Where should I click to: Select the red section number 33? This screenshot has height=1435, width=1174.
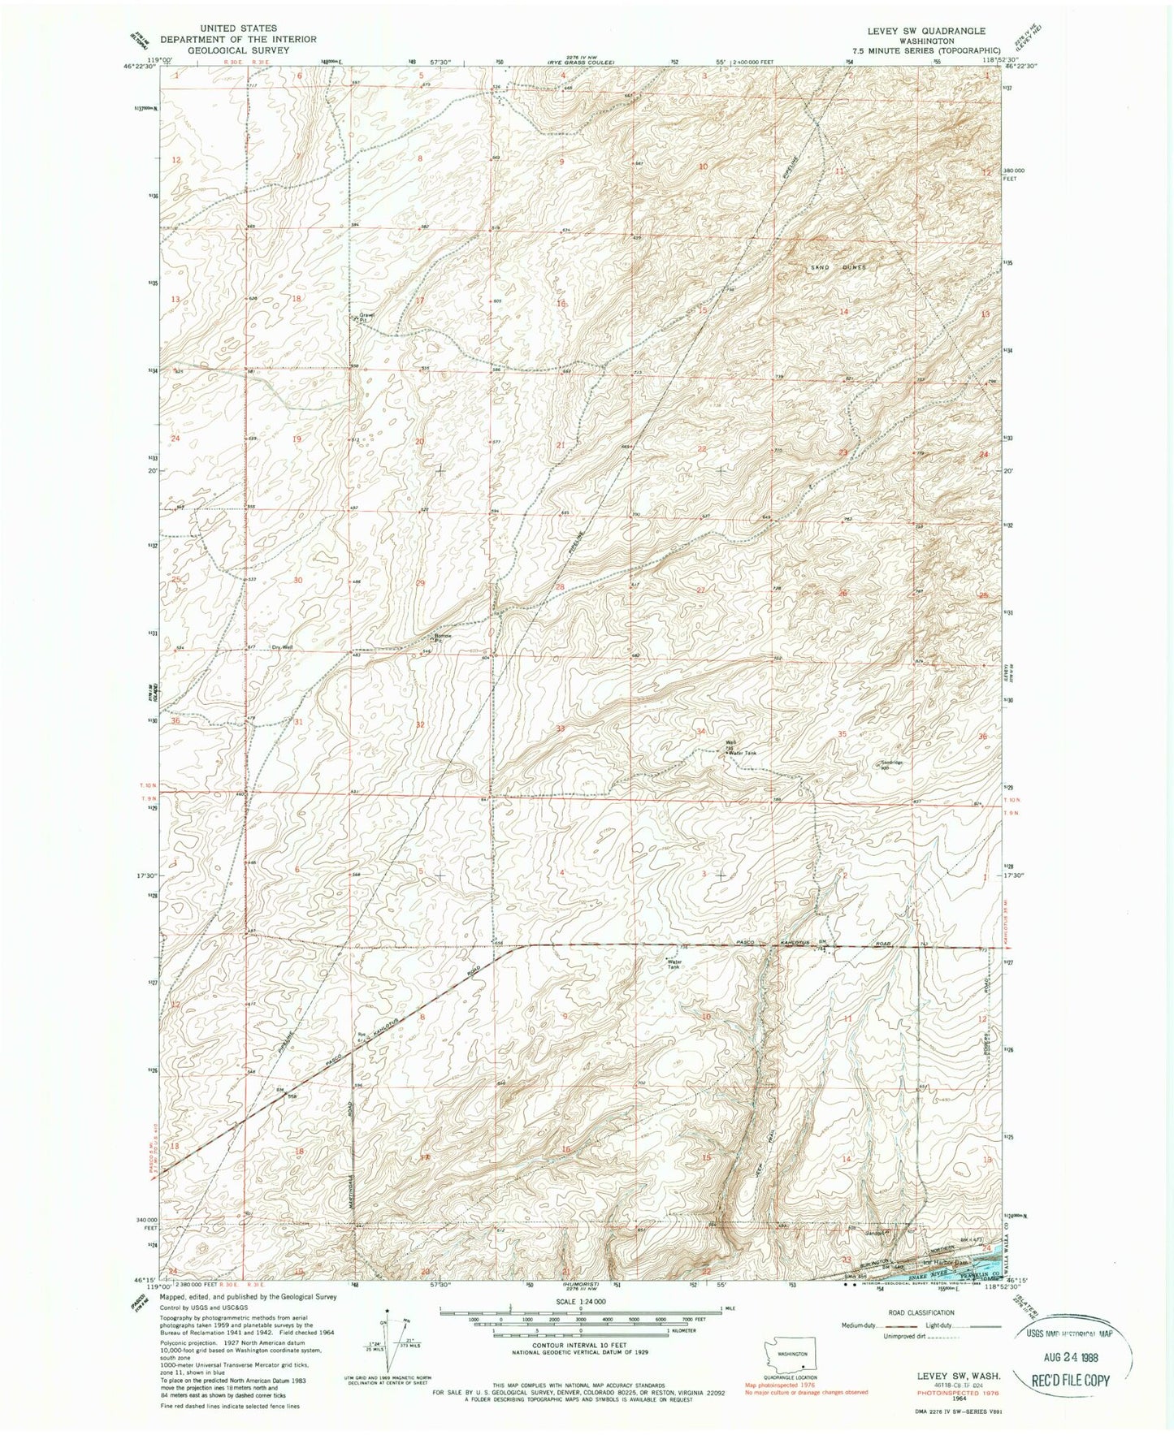pyautogui.click(x=560, y=728)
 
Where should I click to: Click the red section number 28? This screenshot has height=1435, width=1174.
pyautogui.click(x=560, y=586)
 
